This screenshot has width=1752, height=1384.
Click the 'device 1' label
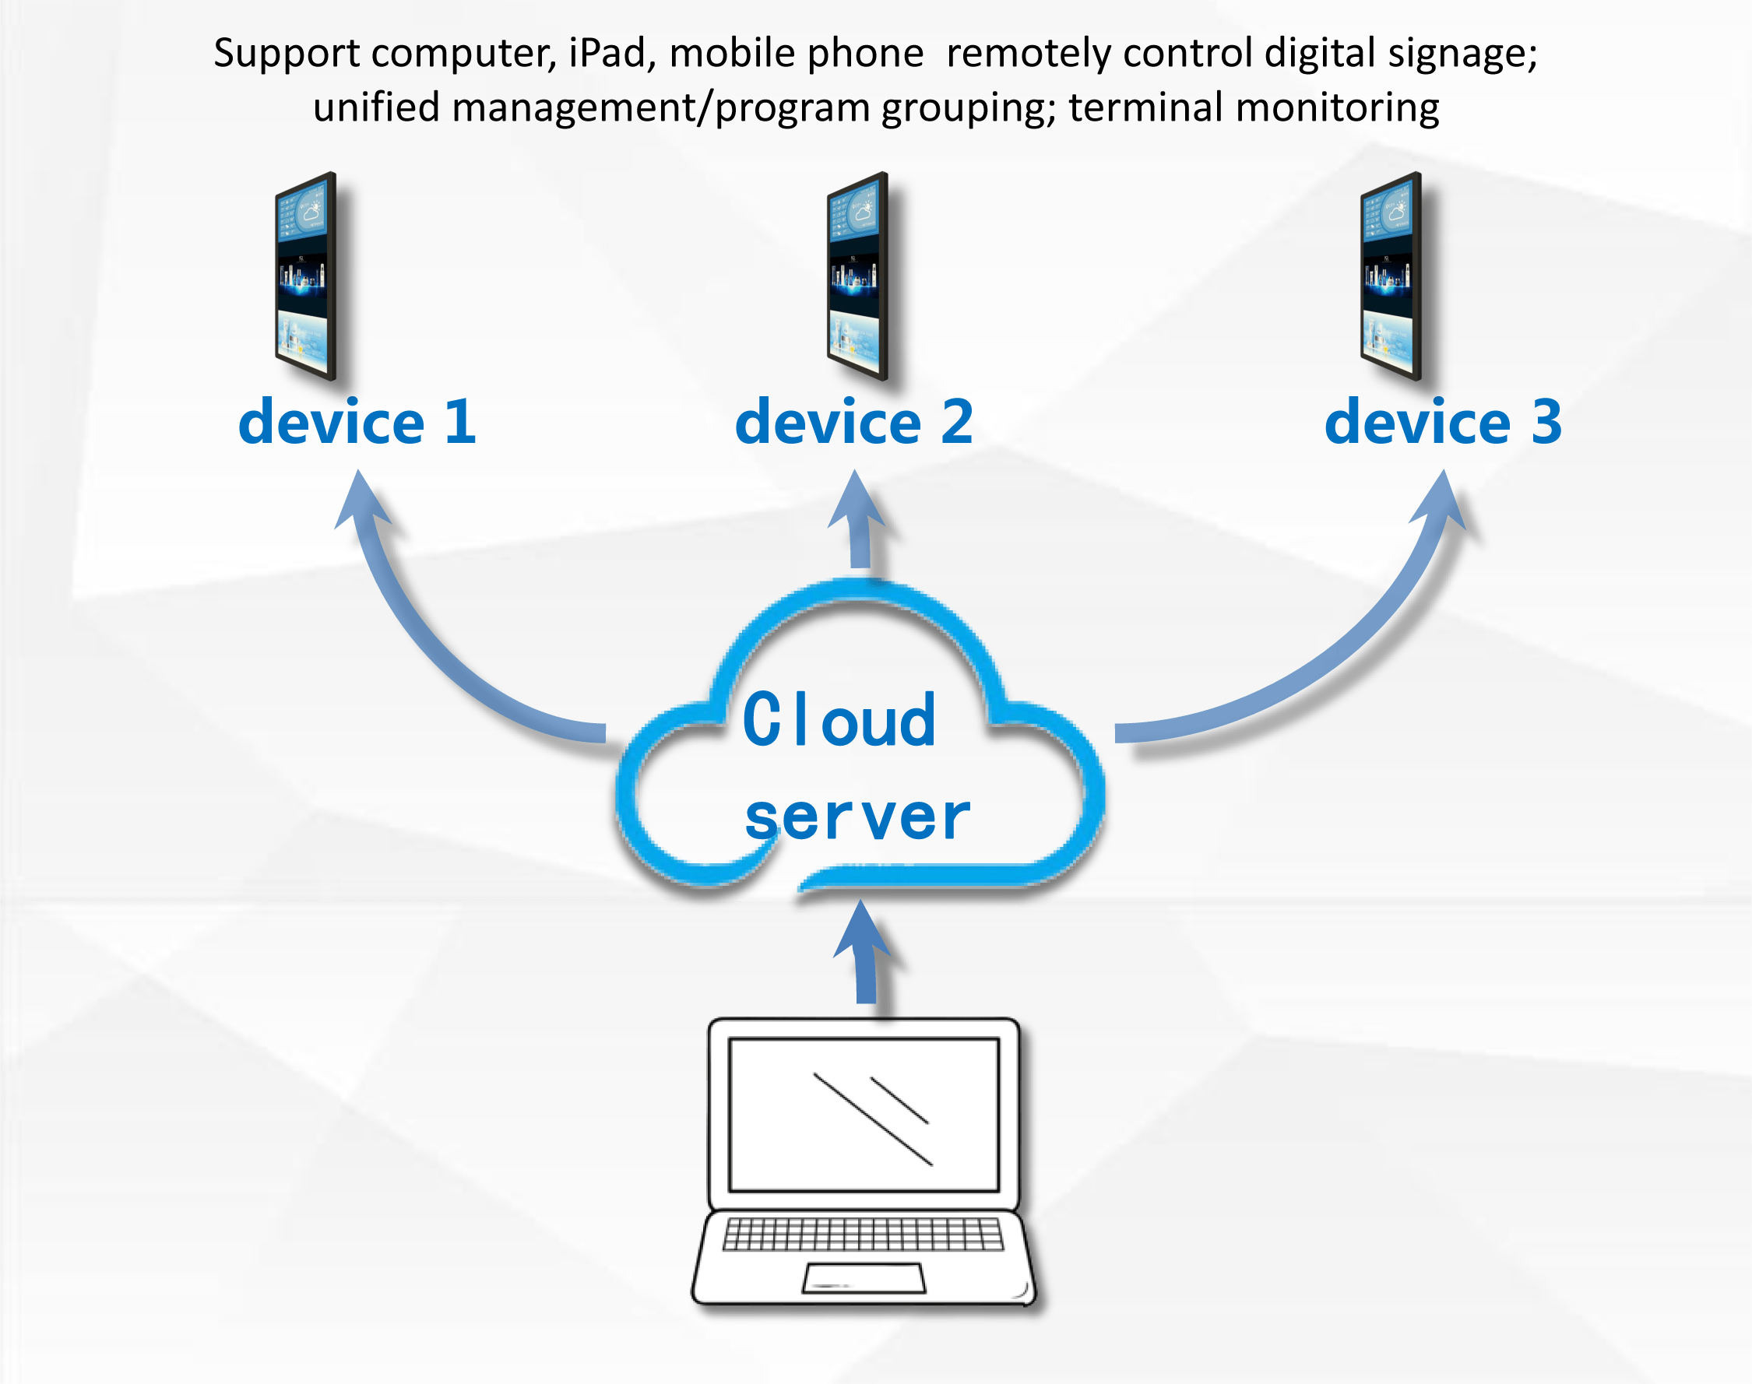(357, 422)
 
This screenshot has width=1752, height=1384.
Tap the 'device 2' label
(853, 422)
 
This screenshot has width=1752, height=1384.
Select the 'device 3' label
(1442, 422)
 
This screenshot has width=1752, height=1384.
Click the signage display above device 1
(304, 276)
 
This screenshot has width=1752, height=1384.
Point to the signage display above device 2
(857, 276)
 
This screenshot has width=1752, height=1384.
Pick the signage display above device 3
(1390, 276)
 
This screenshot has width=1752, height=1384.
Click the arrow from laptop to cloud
(864, 952)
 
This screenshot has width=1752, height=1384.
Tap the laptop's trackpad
(864, 1278)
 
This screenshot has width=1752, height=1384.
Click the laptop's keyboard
(863, 1234)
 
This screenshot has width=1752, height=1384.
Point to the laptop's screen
(864, 1114)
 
